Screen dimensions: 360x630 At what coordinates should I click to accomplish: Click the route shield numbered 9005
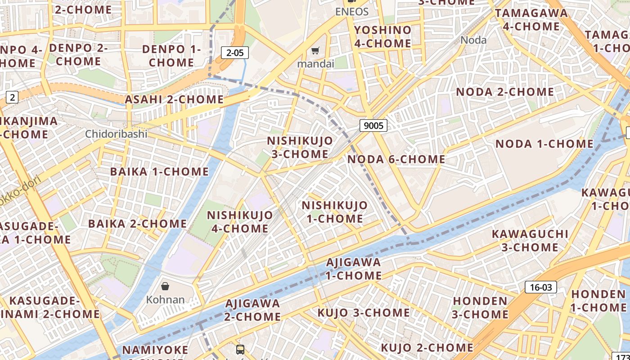click(x=373, y=126)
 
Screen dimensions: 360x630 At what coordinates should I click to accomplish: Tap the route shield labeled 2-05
click(x=235, y=53)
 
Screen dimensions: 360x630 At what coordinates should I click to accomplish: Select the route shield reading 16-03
click(x=540, y=287)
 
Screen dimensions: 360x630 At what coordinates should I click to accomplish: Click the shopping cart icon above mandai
click(x=316, y=51)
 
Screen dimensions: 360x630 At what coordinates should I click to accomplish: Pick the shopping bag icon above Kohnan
click(x=165, y=286)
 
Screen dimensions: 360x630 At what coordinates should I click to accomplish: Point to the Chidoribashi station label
click(x=116, y=134)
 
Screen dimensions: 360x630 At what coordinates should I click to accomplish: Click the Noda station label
click(x=473, y=40)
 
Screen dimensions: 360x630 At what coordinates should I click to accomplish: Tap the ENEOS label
click(x=352, y=12)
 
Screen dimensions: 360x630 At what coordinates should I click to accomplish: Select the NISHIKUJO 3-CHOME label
click(x=300, y=147)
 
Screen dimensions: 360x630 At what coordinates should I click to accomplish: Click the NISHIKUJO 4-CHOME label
click(x=240, y=221)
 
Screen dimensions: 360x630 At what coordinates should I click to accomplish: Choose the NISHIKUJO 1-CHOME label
click(x=334, y=212)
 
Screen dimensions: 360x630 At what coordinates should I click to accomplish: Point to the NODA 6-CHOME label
click(x=396, y=159)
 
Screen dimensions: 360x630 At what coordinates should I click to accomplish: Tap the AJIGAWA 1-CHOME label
click(x=354, y=269)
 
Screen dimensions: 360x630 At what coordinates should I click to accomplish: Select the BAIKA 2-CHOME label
click(x=137, y=224)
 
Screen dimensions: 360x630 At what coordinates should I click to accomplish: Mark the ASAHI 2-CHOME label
click(x=174, y=99)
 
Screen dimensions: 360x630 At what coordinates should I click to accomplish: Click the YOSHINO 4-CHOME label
click(x=382, y=37)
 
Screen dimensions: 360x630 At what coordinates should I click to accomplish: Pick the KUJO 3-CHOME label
click(x=364, y=313)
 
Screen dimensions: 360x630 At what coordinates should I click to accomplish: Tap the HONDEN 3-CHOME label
click(x=480, y=307)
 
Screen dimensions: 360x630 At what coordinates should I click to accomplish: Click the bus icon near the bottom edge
click(x=240, y=349)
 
